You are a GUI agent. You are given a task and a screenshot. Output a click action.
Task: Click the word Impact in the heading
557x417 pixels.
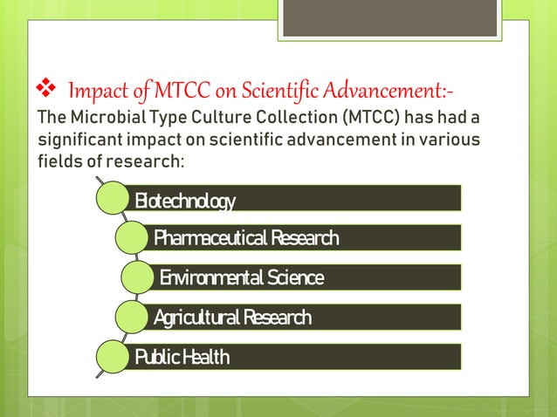point(94,91)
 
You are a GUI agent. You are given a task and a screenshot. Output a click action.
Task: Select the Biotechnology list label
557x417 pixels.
point(184,202)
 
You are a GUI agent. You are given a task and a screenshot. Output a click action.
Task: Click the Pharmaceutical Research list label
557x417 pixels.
point(245,237)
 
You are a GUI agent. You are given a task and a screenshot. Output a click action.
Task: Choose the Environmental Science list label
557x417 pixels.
point(241,277)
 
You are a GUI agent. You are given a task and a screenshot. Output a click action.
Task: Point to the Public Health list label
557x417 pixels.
point(182,357)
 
